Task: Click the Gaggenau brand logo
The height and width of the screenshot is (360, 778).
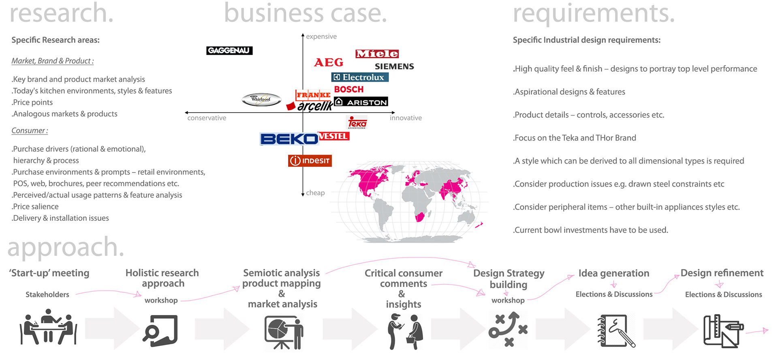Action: (229, 51)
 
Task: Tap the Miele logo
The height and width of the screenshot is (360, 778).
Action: (377, 54)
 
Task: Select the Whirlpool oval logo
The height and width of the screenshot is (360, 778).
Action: (261, 99)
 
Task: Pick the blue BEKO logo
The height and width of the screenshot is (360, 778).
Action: (289, 139)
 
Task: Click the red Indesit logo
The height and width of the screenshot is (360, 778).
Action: (310, 161)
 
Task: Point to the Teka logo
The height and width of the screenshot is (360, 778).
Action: (357, 122)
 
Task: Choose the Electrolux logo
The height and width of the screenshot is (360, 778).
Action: (360, 77)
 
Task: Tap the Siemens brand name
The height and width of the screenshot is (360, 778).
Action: (394, 66)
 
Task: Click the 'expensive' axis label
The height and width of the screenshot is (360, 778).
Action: (321, 36)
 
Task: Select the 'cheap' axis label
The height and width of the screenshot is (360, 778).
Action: (315, 193)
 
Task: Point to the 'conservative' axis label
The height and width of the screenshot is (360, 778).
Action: (207, 118)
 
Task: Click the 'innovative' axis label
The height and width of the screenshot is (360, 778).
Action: (406, 118)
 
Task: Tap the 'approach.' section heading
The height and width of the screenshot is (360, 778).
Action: (66, 247)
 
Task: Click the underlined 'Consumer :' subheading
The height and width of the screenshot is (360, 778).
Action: (30, 131)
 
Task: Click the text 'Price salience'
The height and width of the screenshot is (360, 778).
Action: (35, 207)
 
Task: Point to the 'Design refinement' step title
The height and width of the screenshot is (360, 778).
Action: (722, 273)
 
